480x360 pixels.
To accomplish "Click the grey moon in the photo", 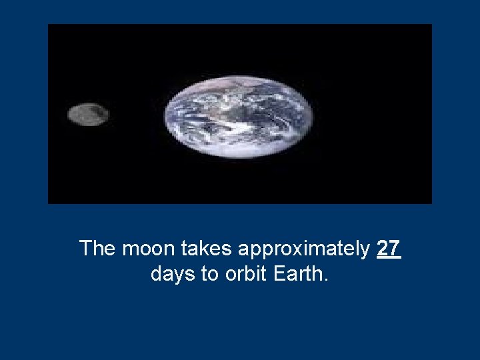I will tap(88, 115).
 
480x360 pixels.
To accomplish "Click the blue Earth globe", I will tap(238, 116).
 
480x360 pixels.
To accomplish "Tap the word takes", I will tap(209, 249).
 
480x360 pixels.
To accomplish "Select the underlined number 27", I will tap(389, 249).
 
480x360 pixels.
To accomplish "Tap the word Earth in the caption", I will tap(297, 274).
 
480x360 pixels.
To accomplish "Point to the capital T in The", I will tap(86, 249).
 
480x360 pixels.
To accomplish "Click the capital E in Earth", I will tap(279, 274).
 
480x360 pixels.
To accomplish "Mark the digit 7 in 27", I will tap(395, 249).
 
